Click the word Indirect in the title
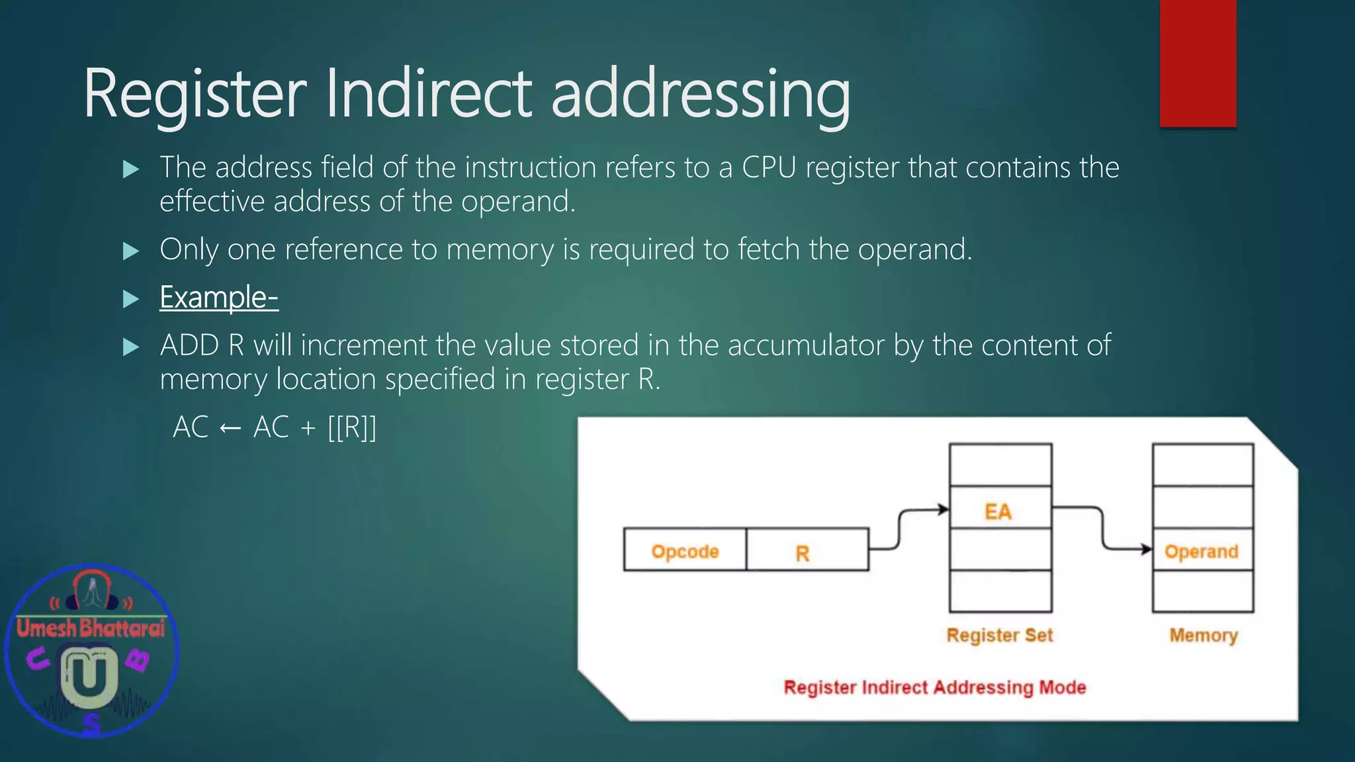pyautogui.click(x=429, y=94)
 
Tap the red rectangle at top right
pyautogui.click(x=1198, y=63)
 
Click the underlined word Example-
pyautogui.click(x=218, y=298)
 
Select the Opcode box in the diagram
pyautogui.click(x=685, y=550)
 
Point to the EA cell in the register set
pyautogui.click(x=999, y=509)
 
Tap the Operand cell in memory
pyautogui.click(x=1202, y=550)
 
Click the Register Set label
pyautogui.click(x=999, y=635)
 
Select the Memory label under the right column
pyautogui.click(x=1203, y=635)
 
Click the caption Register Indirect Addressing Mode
pyautogui.click(x=934, y=687)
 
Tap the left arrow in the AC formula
pyautogui.click(x=230, y=428)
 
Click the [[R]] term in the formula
pyautogui.click(x=352, y=428)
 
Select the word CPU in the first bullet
pyautogui.click(x=769, y=167)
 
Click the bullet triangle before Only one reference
pyautogui.click(x=131, y=251)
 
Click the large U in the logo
pyautogui.click(x=89, y=676)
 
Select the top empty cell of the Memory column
pyautogui.click(x=1202, y=465)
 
